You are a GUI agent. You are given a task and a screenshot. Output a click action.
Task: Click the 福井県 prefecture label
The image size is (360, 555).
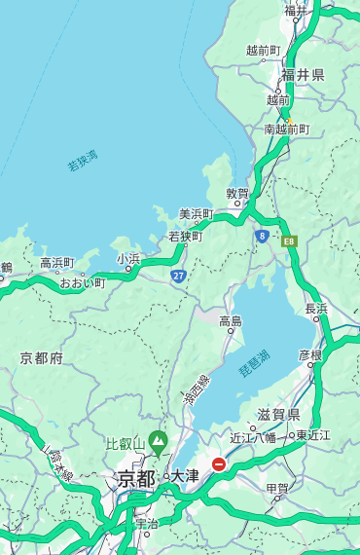303,75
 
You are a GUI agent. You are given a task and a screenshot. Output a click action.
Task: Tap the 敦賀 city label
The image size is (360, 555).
237,194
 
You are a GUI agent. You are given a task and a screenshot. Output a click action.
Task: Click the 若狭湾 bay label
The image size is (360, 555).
83,161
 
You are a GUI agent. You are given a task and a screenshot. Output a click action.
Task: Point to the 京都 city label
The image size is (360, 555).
136,478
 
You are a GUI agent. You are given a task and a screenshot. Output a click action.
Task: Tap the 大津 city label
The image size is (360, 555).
185,476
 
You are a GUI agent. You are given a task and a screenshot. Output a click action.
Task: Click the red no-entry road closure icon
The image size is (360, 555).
219,464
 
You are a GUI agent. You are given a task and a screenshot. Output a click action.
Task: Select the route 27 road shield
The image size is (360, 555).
179,277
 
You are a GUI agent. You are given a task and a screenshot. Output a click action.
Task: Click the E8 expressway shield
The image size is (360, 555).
289,240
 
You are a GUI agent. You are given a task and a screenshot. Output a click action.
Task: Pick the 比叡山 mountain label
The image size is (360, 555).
126,445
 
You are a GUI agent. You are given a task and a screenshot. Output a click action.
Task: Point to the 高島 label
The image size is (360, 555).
231,321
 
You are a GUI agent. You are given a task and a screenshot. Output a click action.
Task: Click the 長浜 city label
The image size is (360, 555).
316,309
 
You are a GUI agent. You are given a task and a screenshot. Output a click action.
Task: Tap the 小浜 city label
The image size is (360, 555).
128,259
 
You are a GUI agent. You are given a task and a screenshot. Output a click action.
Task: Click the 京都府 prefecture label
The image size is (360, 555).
42,358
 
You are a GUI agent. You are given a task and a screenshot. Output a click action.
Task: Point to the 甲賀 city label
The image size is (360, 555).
277,489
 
